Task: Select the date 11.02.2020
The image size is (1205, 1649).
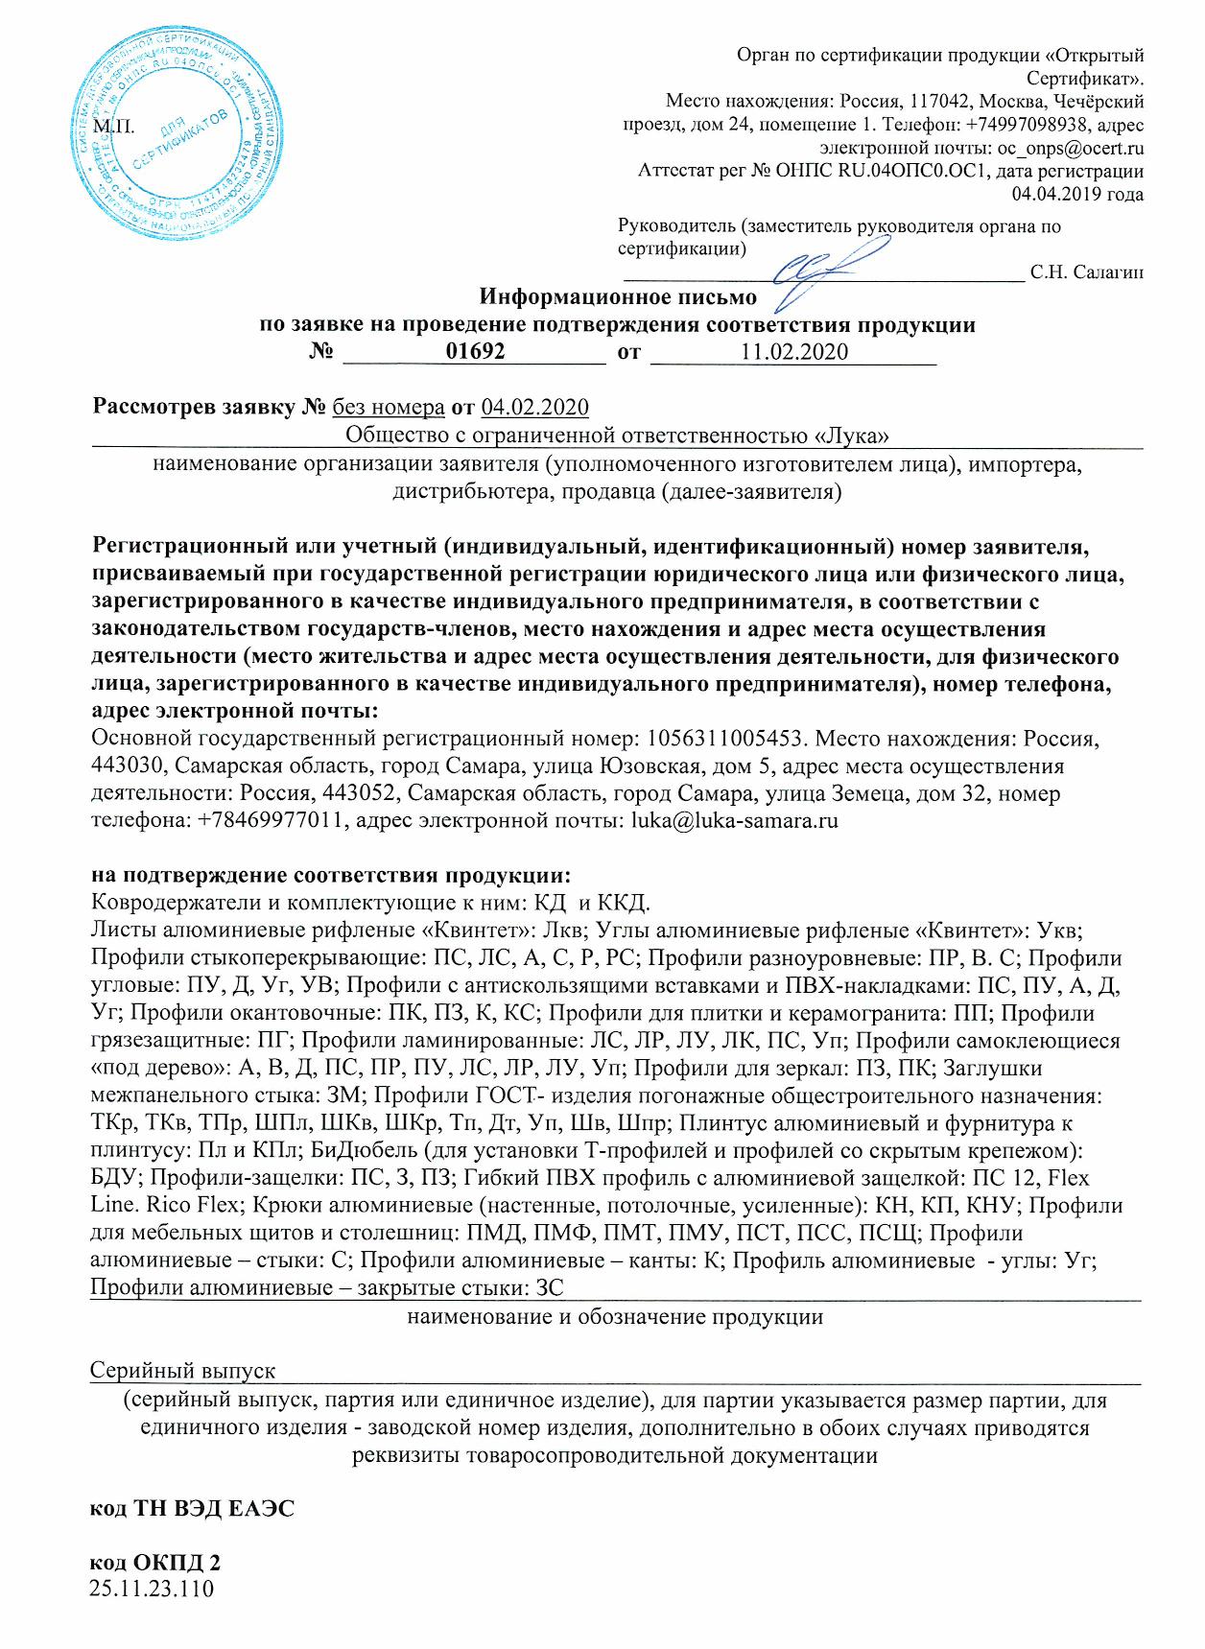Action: point(794,351)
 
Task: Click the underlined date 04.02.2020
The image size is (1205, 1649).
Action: point(534,407)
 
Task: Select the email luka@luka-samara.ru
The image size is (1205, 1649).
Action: point(734,821)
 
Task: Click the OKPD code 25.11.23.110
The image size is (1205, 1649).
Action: point(152,1588)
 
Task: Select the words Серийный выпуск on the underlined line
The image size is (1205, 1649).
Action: point(182,1369)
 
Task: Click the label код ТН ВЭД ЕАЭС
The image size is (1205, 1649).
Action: point(192,1508)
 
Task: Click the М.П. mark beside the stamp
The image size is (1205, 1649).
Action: point(112,127)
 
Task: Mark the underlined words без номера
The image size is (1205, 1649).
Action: point(388,407)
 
